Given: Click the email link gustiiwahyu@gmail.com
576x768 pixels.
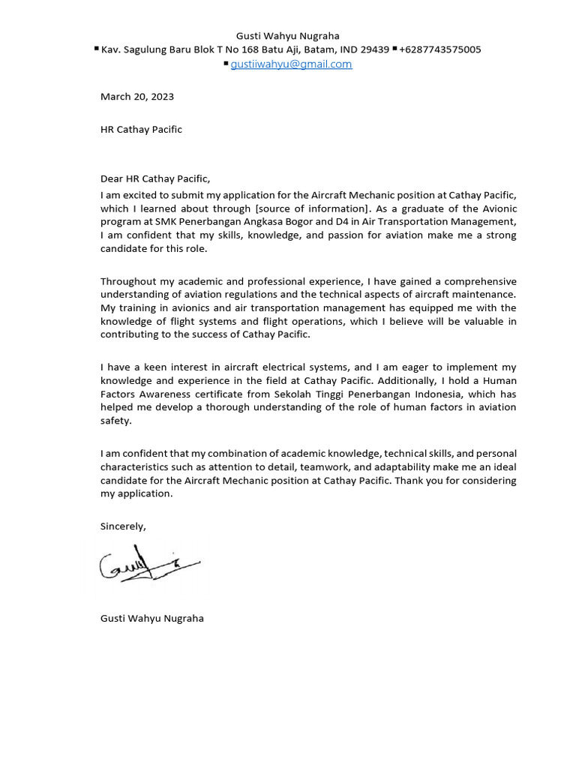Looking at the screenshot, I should (x=291, y=64).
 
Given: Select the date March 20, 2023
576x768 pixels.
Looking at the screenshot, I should (x=137, y=97).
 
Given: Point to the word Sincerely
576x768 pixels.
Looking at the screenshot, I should (x=123, y=526).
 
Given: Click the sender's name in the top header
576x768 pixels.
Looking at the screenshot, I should (x=288, y=36).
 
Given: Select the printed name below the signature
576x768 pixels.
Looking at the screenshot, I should (x=152, y=619).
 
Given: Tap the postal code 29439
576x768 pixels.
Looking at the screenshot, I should (x=375, y=49).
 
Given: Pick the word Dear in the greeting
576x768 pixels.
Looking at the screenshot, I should (x=112, y=178).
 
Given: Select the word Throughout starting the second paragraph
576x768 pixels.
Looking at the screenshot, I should (x=127, y=281).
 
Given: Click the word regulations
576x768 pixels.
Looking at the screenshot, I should (x=264, y=295).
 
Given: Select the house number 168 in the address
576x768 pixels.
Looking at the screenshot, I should (x=253, y=49).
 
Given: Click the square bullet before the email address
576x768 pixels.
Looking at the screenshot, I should (x=226, y=64).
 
